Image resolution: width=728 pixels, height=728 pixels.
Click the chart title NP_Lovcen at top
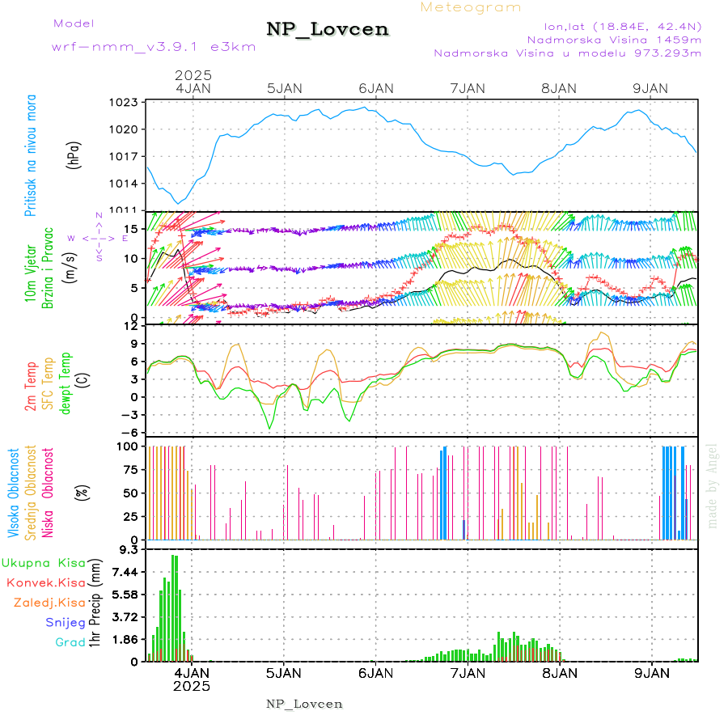[x=328, y=30]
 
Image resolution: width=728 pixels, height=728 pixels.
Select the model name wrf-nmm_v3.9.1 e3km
[x=154, y=46]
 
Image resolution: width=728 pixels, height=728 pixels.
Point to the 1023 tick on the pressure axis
[x=125, y=103]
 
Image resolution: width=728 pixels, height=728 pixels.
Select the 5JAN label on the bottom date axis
[x=283, y=672]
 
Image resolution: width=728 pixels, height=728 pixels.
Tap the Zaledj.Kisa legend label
[x=49, y=603]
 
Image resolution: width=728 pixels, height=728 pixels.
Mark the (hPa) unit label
[x=74, y=154]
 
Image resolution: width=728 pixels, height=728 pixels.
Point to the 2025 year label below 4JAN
[x=192, y=686]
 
